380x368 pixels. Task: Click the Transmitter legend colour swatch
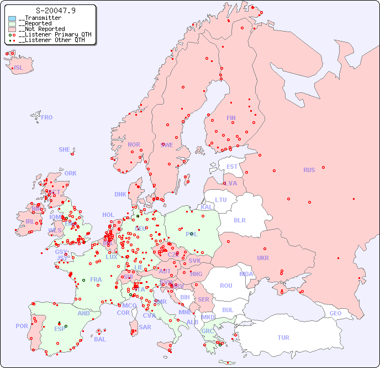click(12, 18)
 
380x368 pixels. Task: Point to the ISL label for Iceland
click(19, 68)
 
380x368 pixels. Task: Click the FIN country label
click(231, 118)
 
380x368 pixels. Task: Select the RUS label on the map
click(309, 170)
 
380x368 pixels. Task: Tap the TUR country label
click(283, 338)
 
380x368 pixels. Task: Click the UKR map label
click(263, 258)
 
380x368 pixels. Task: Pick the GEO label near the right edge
click(335, 313)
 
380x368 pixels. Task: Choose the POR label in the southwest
click(22, 326)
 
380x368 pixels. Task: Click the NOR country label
click(134, 144)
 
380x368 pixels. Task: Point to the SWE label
click(167, 145)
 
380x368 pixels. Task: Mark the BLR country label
click(239, 220)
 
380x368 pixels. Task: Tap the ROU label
click(226, 286)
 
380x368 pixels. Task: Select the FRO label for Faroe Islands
click(46, 117)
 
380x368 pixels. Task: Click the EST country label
click(232, 167)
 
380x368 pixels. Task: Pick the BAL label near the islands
click(99, 339)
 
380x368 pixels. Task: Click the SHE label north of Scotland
click(65, 149)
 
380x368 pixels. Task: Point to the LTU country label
click(221, 200)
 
